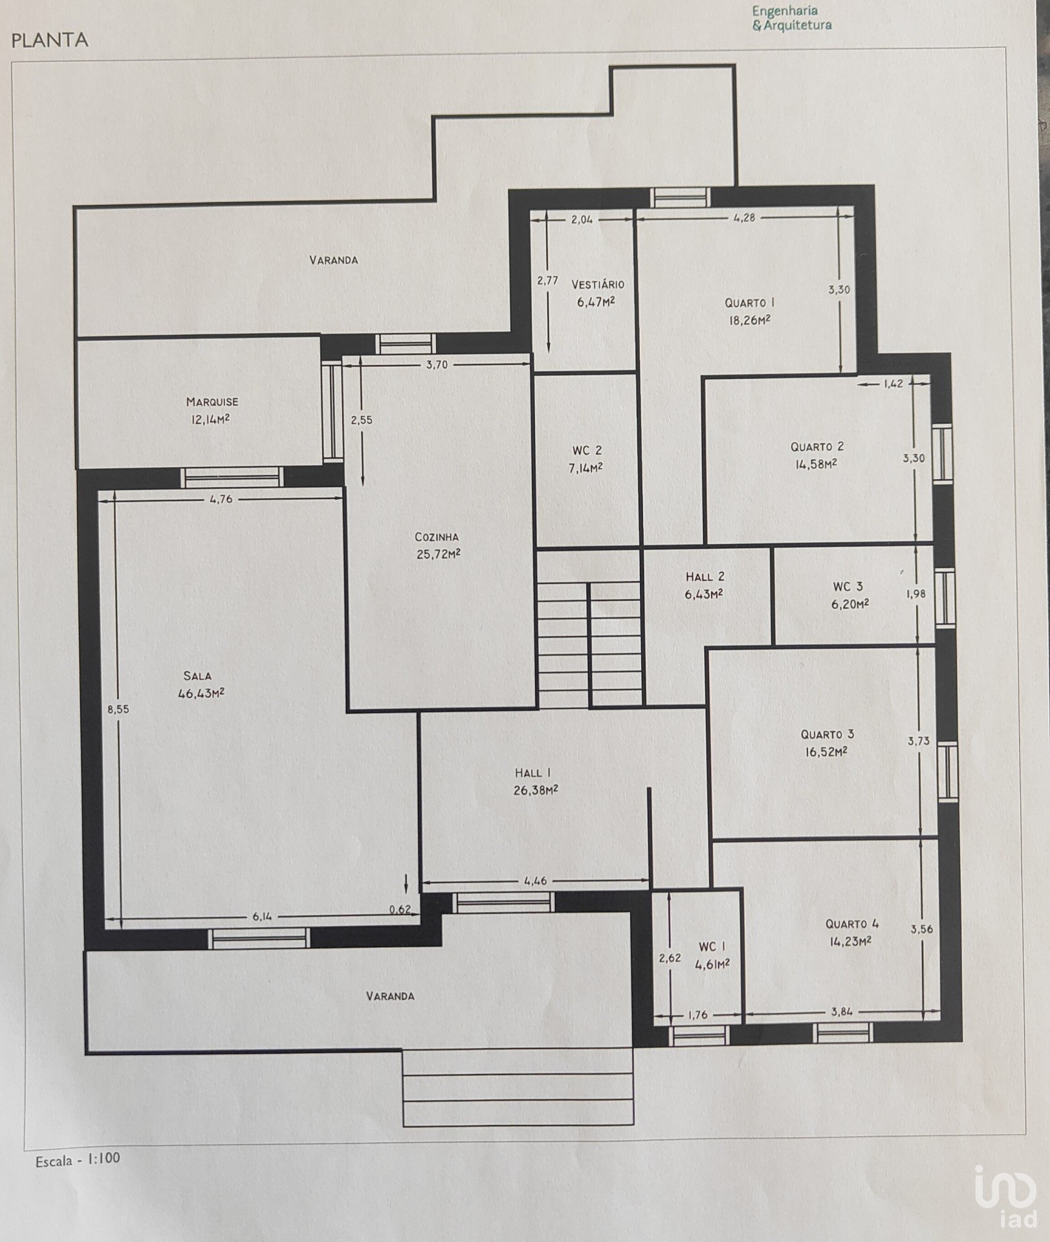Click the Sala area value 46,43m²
point(201,693)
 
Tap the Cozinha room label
point(437,536)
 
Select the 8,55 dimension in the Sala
point(118,709)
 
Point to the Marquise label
point(212,402)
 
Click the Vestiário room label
point(598,284)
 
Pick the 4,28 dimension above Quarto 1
point(745,218)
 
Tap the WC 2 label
point(587,450)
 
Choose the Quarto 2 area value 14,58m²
point(816,464)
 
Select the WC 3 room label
point(848,587)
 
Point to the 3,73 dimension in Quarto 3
point(919,741)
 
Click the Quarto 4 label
point(852,924)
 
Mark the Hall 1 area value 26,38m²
point(536,790)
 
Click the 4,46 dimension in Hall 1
point(536,880)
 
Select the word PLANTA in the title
point(50,40)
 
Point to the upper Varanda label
point(333,260)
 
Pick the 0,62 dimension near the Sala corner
point(400,909)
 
